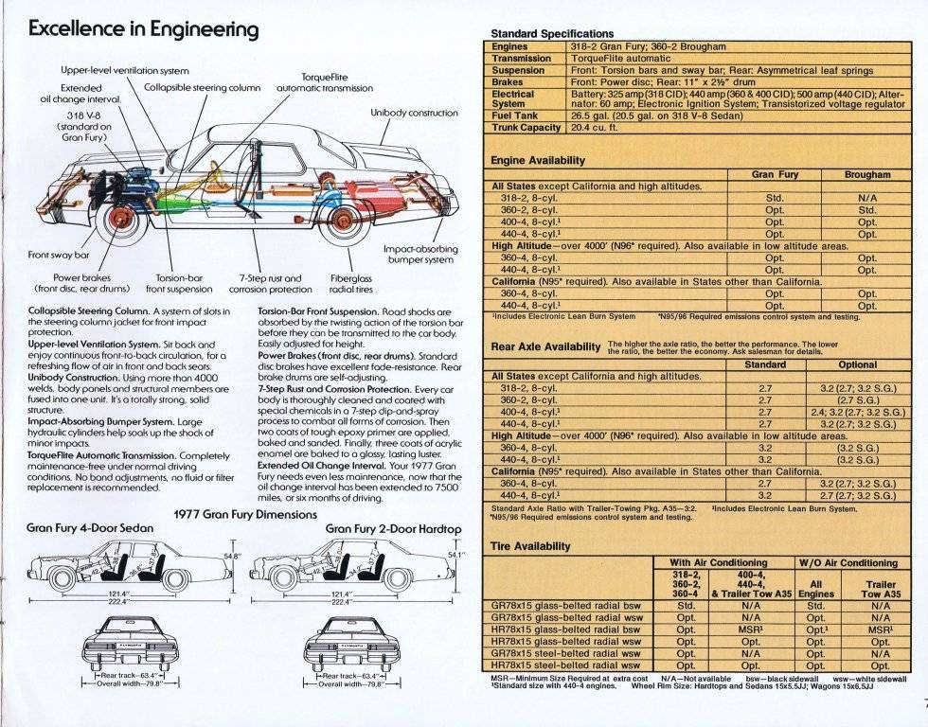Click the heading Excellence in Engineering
click(x=143, y=28)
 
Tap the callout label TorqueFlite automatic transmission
click(x=325, y=82)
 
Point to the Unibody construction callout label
click(x=414, y=113)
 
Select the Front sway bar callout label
click(x=60, y=255)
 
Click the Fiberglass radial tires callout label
click(x=350, y=284)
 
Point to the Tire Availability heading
click(x=530, y=546)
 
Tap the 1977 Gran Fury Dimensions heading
click(x=245, y=514)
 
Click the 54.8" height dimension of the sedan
click(x=231, y=556)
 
